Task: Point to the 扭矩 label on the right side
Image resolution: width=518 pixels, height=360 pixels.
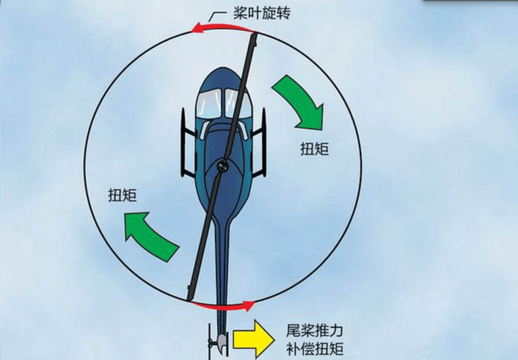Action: tap(315, 149)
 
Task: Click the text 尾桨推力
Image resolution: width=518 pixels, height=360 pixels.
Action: tap(315, 331)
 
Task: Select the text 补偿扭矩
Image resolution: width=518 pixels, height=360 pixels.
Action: tap(315, 349)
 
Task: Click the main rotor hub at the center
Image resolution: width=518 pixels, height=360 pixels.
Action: tap(222, 166)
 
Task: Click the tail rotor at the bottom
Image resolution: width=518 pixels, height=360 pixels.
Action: tap(211, 342)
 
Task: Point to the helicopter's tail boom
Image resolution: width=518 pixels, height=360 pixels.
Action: tap(221, 269)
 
